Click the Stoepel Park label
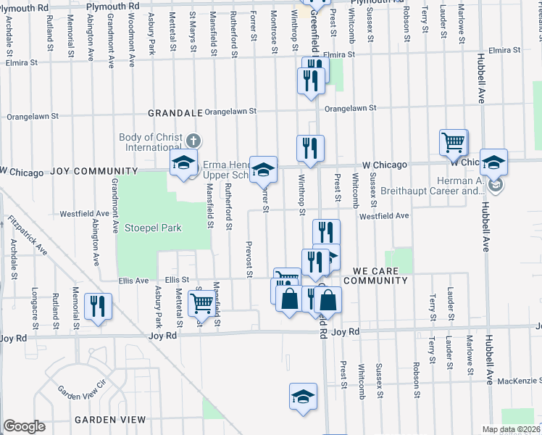(x=151, y=228)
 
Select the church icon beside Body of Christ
(x=193, y=141)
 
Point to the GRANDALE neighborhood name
(x=173, y=113)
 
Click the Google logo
(x=24, y=426)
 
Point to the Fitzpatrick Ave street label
(x=28, y=235)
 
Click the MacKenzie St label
(x=520, y=380)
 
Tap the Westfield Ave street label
(x=384, y=215)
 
